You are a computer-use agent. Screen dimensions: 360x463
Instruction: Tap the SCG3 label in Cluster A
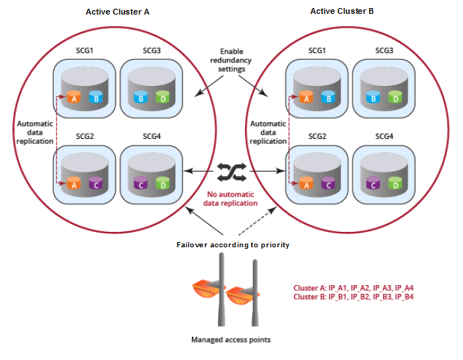tap(148, 50)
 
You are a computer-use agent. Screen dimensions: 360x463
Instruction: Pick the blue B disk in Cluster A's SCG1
tap(94, 97)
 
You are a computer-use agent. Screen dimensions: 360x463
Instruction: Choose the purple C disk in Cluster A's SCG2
tap(94, 184)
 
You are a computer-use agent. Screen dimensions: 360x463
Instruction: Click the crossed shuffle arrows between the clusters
tap(232, 171)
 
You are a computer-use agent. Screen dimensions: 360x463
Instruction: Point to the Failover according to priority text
tap(232, 245)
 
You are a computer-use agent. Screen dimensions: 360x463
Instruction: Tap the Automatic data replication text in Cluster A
tap(34, 132)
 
